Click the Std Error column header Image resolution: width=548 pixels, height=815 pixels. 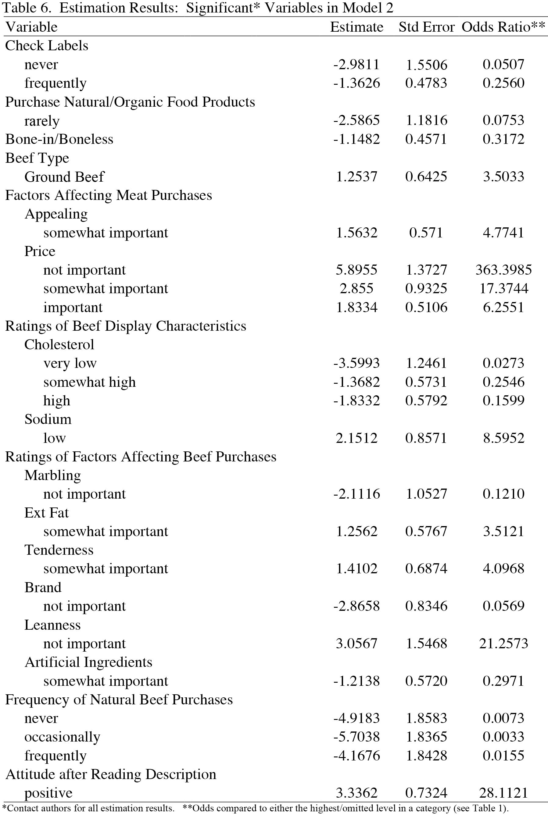(426, 27)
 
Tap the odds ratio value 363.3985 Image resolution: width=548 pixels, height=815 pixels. (503, 270)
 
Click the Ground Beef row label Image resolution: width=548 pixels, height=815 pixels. (64, 176)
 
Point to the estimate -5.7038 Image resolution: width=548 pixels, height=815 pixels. (356, 737)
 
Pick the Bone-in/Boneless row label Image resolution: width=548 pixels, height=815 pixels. (59, 139)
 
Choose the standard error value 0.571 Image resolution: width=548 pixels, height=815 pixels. (426, 233)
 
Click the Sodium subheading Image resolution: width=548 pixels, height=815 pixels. (48, 419)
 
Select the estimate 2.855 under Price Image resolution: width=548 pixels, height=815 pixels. (356, 289)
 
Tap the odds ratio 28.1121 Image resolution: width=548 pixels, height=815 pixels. (503, 793)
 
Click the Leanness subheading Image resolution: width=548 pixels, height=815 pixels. (52, 625)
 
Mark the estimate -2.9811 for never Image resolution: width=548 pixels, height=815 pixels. (356, 64)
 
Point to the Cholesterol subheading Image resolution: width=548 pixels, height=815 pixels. (59, 345)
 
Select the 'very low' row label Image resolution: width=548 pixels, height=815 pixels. (70, 363)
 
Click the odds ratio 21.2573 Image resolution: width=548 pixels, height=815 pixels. (503, 643)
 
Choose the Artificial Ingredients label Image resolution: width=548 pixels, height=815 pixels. (88, 662)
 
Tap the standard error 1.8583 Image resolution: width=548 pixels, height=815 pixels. (426, 718)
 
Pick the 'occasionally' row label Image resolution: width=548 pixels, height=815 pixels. (62, 737)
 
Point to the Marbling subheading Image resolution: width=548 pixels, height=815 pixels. (52, 475)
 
